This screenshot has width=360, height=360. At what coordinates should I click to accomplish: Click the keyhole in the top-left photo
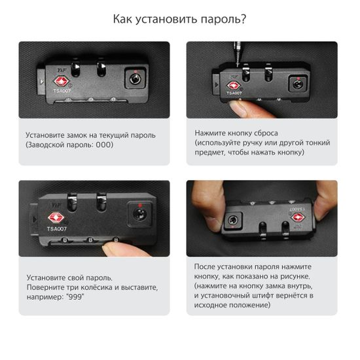(x=135, y=79)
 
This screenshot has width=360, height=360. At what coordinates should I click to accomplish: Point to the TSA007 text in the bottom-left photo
(x=57, y=229)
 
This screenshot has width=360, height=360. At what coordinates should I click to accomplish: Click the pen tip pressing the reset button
(x=238, y=65)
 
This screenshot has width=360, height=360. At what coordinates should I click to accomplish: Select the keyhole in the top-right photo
(x=298, y=84)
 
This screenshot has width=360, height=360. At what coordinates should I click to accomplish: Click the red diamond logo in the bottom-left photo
(x=56, y=218)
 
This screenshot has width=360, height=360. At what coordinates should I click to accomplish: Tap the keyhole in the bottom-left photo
(x=140, y=214)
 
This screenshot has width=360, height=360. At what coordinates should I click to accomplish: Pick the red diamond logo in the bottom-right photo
(x=298, y=217)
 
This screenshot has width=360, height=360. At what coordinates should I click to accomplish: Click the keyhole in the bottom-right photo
(x=233, y=221)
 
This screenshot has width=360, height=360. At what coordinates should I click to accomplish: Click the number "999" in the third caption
(x=75, y=297)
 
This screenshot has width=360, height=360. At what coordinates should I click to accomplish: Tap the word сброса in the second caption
(x=265, y=133)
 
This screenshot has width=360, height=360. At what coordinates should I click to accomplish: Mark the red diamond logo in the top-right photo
(x=233, y=85)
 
